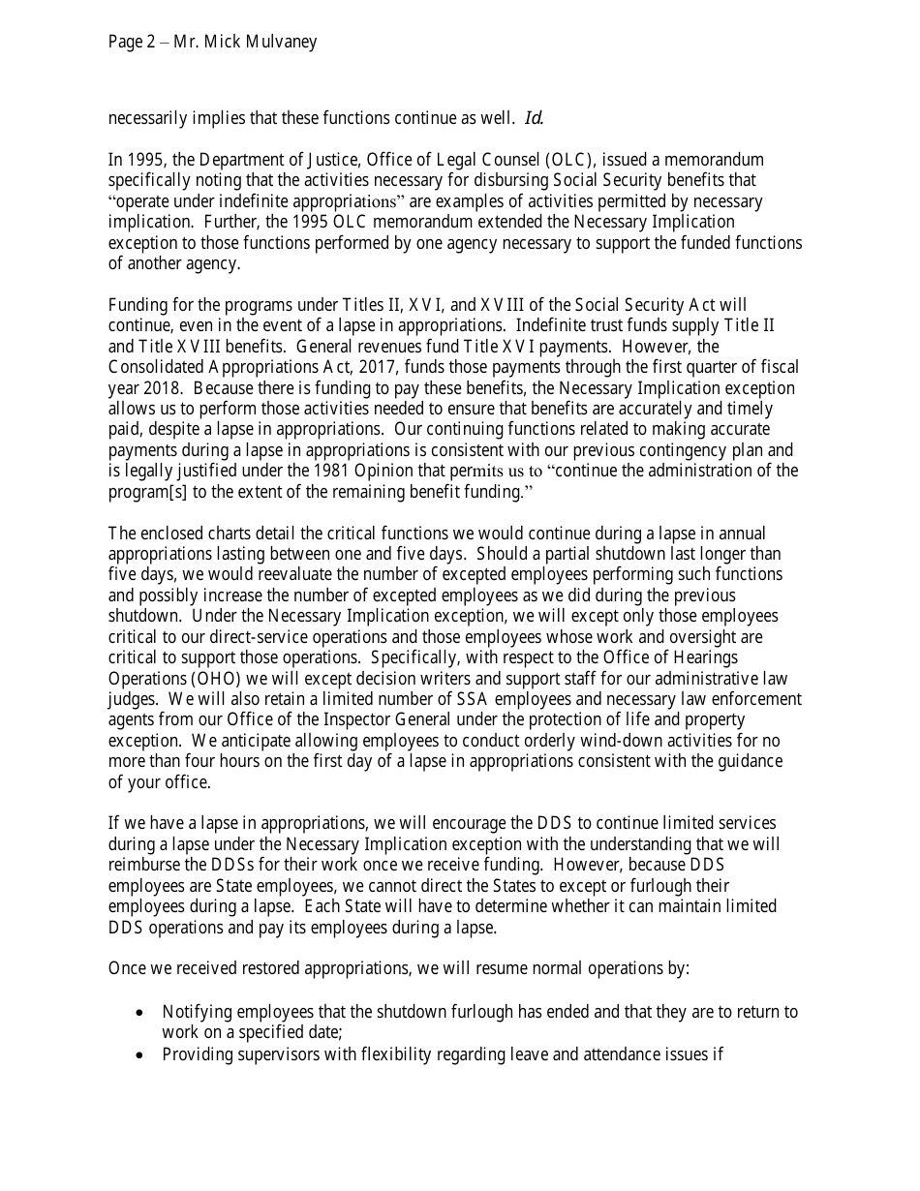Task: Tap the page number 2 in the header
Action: tap(150, 43)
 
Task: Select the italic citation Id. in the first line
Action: tap(534, 119)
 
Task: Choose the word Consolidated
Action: tap(155, 367)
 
